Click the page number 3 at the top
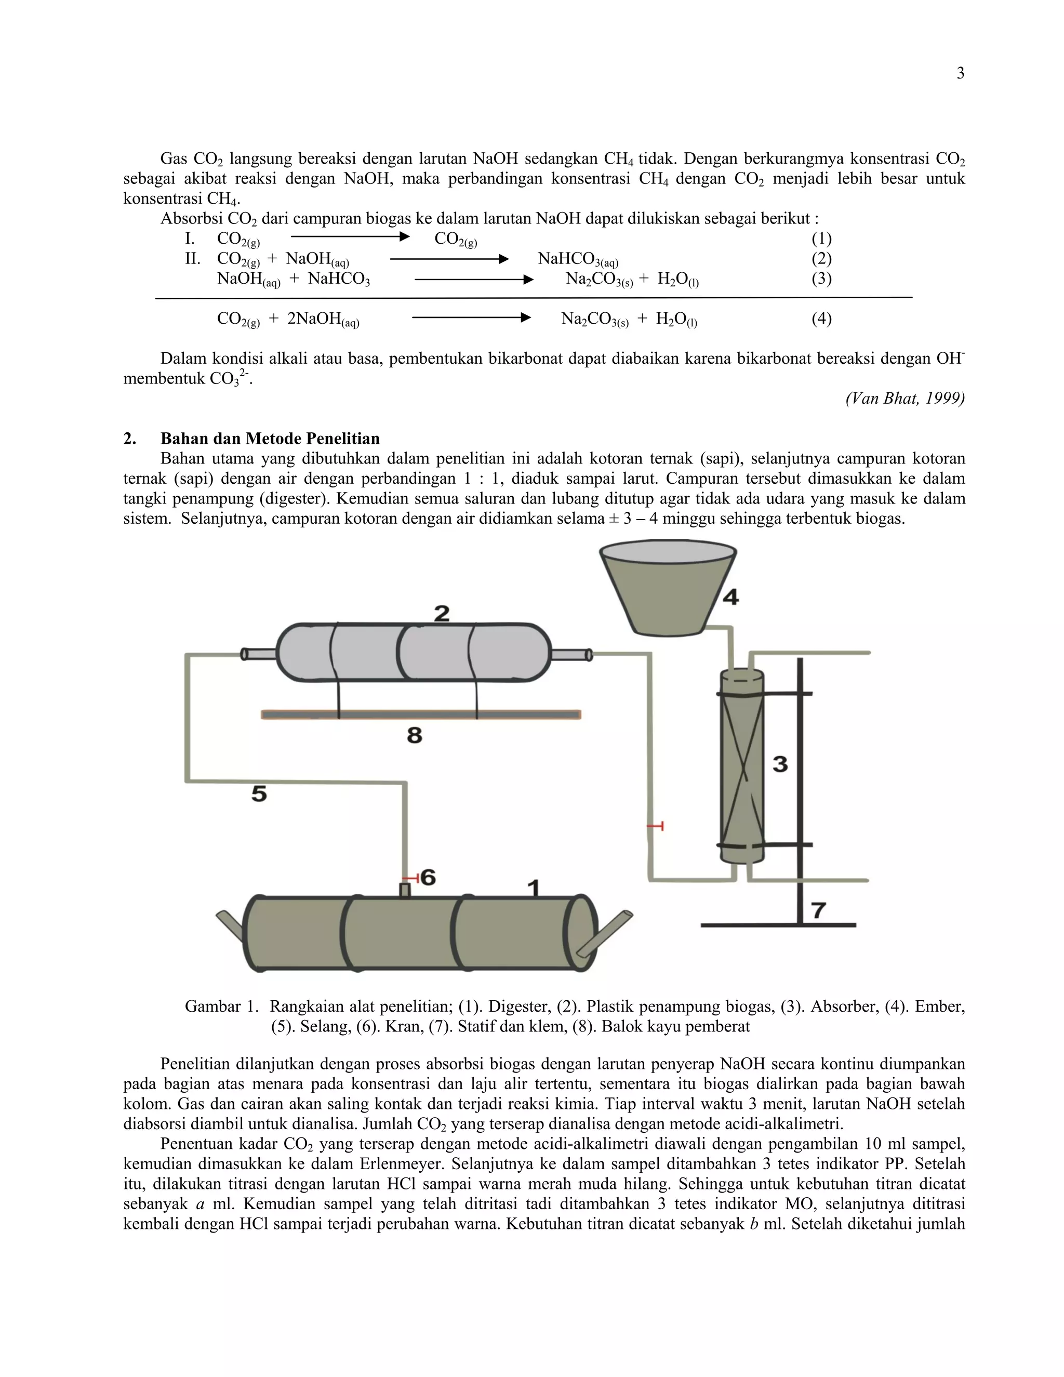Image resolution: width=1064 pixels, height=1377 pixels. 960,74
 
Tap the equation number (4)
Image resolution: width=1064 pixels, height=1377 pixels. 821,319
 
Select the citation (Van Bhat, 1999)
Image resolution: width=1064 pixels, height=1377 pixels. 905,399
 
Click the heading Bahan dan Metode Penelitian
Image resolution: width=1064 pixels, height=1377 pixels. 270,439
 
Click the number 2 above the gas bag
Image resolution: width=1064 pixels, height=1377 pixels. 442,613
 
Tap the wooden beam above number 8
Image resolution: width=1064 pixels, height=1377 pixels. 421,714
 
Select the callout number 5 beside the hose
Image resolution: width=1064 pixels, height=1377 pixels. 259,793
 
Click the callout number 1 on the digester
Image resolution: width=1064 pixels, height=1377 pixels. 533,889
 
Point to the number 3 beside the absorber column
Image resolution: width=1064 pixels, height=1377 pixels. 780,764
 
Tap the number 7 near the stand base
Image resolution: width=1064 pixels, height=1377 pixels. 818,910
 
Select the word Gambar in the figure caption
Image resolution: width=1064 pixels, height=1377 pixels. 212,1007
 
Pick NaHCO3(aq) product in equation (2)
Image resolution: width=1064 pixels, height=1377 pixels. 577,259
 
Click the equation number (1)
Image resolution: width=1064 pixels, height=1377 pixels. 821,239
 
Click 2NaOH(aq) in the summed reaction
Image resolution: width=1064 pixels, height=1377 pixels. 323,319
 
